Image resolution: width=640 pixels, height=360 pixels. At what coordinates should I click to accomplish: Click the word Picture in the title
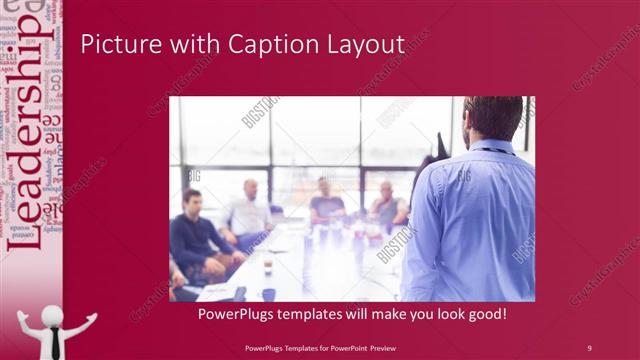coord(113,45)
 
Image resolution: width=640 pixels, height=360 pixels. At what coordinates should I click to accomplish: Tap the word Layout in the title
coord(362,45)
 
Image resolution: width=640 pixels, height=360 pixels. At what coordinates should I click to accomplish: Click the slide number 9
coord(589,348)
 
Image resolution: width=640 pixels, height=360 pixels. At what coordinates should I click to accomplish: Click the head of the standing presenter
coord(493,119)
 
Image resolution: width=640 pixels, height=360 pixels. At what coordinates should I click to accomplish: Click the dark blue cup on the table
coord(269,294)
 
